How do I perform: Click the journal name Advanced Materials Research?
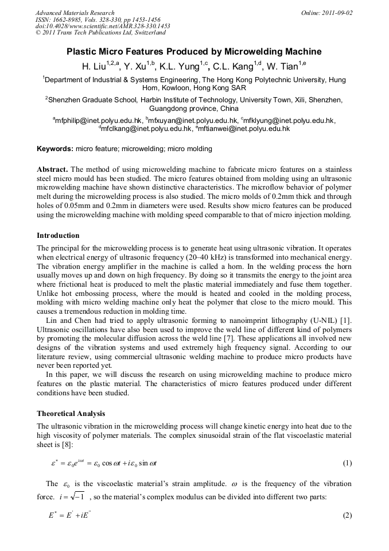(75, 13)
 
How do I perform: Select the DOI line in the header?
(103, 26)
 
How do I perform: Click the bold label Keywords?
(55, 149)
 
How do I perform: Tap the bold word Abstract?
(53, 169)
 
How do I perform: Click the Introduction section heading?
(58, 236)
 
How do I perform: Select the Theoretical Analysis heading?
(71, 413)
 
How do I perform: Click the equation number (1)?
(347, 463)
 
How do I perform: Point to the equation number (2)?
(347, 515)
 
